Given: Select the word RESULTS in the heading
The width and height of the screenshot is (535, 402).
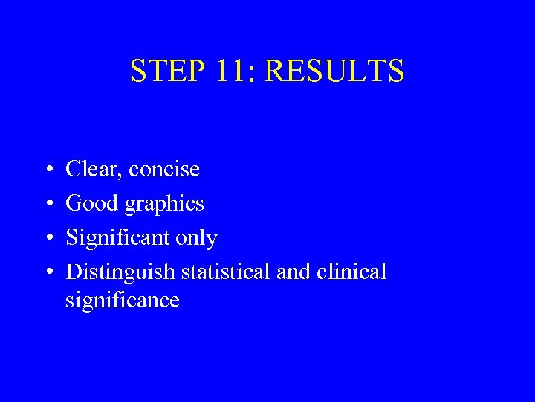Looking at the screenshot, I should pyautogui.click(x=334, y=71).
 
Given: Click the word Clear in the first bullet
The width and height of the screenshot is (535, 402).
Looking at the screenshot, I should pyautogui.click(x=93, y=169).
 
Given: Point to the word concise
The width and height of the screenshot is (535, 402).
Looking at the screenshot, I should pyautogui.click(x=164, y=170).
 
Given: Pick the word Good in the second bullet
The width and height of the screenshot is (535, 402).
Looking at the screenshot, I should pyautogui.click(x=92, y=203).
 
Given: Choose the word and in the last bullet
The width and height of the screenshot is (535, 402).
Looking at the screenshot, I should pyautogui.click(x=293, y=272).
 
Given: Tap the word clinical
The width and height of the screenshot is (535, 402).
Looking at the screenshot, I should pyautogui.click(x=351, y=272).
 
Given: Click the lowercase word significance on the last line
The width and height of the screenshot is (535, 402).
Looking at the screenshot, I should pyautogui.click(x=123, y=301).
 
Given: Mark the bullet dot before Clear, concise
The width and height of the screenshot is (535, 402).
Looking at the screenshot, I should pyautogui.click(x=47, y=170).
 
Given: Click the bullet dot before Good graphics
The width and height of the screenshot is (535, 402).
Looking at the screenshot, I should pyautogui.click(x=47, y=204).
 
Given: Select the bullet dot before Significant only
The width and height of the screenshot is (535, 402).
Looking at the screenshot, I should pyautogui.click(x=47, y=238).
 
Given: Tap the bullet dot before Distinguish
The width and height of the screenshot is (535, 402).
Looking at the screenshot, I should pyautogui.click(x=47, y=272).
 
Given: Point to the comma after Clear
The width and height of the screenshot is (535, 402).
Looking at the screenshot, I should pyautogui.click(x=123, y=176).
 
